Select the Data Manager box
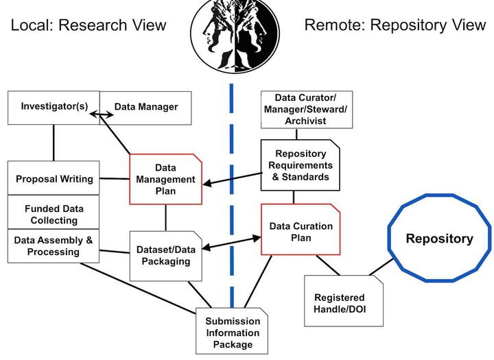pos(146,107)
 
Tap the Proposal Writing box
pos(54,178)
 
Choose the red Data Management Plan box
pos(165,179)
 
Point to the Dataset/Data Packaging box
pos(165,255)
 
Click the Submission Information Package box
pos(232,332)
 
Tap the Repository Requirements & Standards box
pos(301,165)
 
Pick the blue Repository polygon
pos(440,239)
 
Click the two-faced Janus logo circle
pos(234,34)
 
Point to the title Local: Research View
pos(89,25)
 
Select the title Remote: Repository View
pos(395,25)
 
